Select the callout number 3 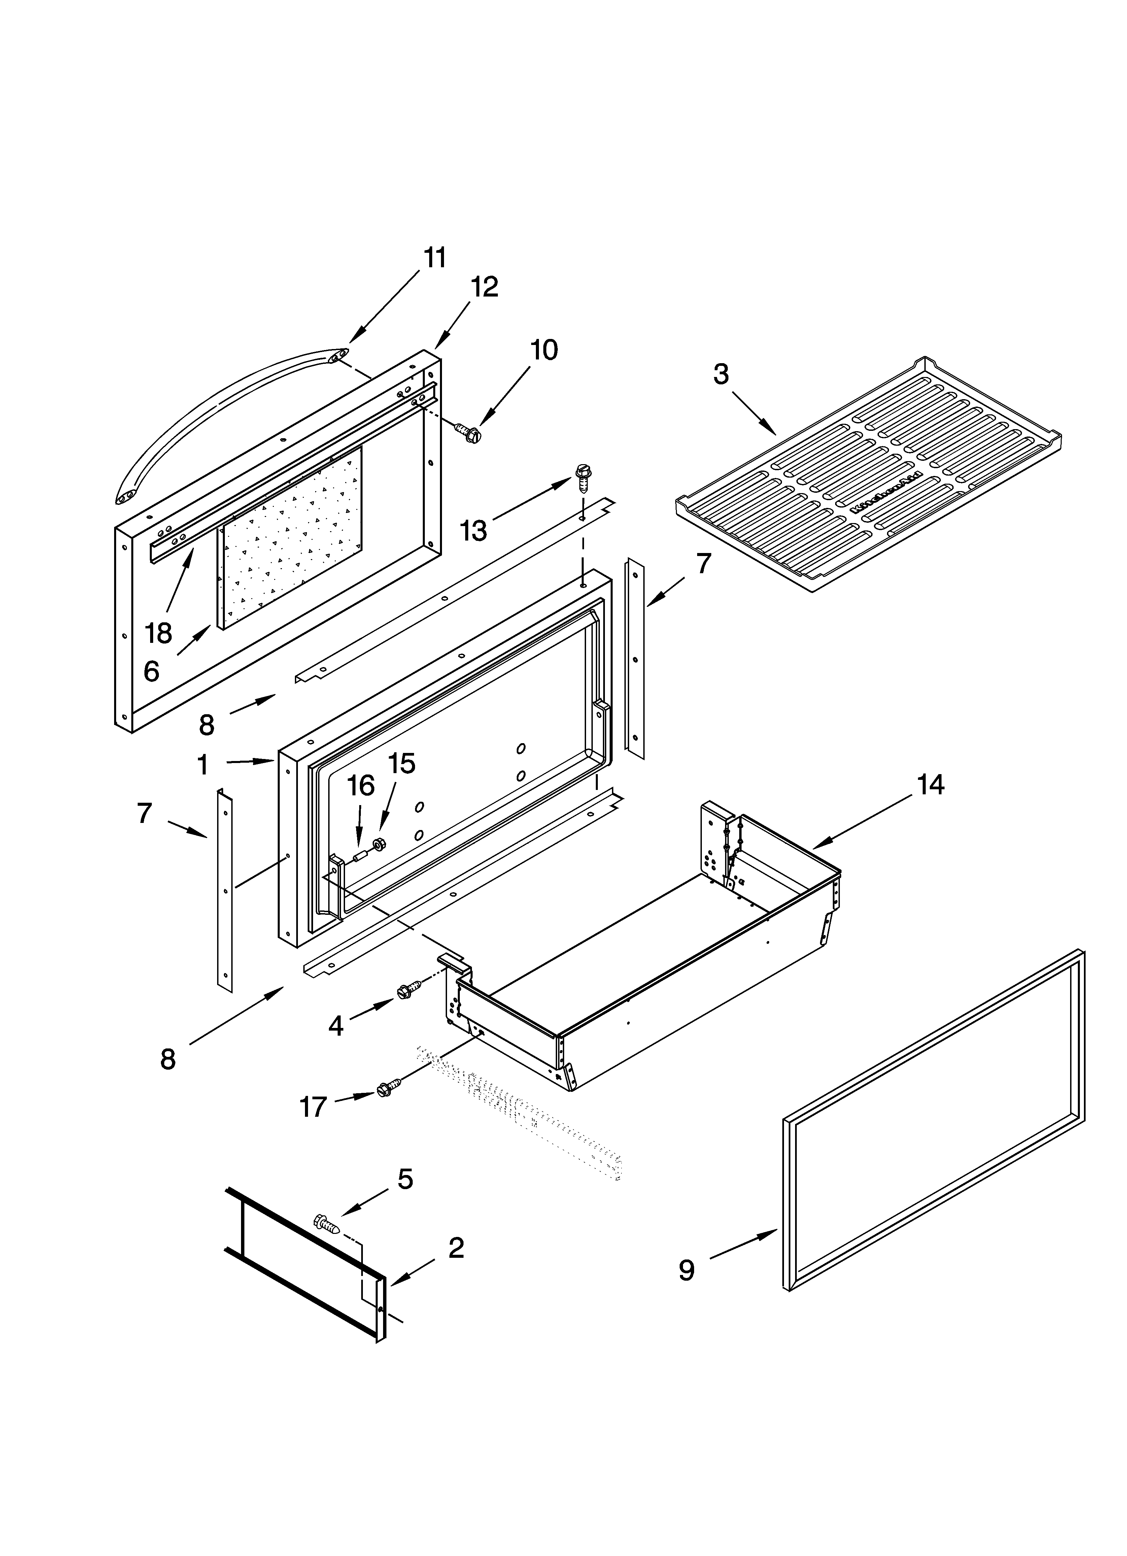click(721, 375)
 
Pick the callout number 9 click(686, 1271)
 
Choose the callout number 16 click(360, 786)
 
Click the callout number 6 click(152, 671)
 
